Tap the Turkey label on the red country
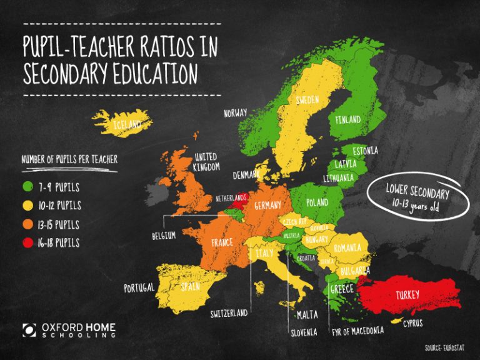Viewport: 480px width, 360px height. tap(407, 294)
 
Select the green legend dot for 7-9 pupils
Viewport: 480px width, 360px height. tap(27, 186)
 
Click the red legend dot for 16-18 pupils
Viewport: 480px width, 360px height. tap(27, 242)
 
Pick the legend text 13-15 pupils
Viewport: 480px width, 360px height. tap(59, 224)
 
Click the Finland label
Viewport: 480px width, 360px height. tap(347, 119)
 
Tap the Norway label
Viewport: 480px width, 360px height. tap(236, 113)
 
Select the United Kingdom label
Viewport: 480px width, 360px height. tap(206, 161)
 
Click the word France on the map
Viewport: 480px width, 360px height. tap(222, 242)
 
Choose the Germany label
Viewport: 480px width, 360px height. tap(267, 206)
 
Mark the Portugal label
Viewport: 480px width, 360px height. tap(139, 288)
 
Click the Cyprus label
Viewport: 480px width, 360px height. tap(412, 323)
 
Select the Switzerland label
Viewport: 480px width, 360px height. tap(229, 312)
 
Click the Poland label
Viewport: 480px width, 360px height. tap(317, 202)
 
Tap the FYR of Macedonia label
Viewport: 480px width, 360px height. tap(357, 331)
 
